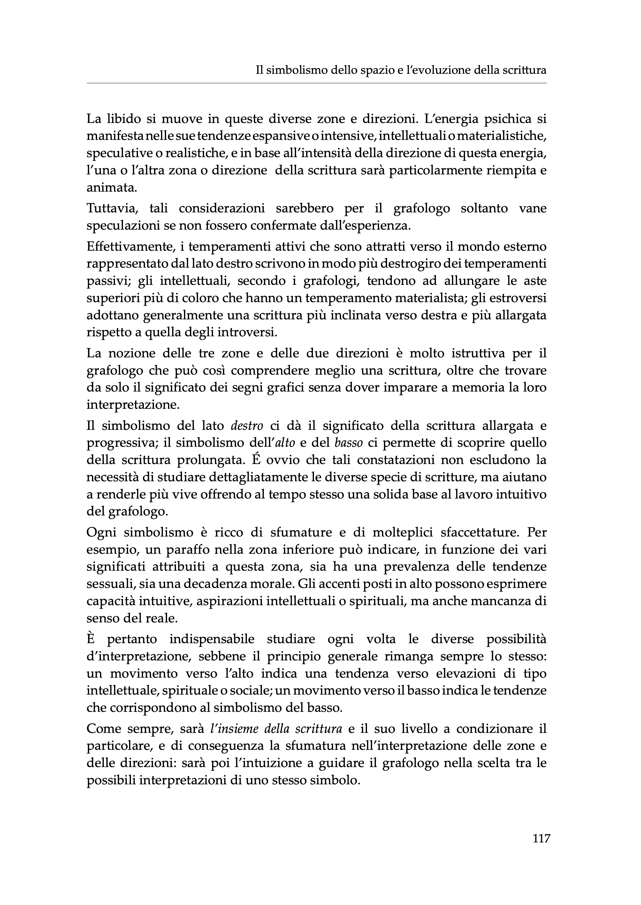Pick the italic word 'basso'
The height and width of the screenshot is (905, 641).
(x=348, y=443)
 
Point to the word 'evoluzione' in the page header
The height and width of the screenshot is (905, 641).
(x=432, y=70)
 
